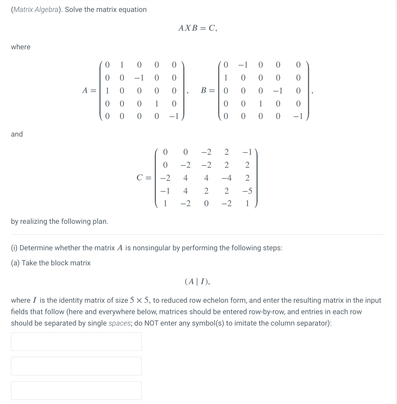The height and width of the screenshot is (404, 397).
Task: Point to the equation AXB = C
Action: click(x=197, y=28)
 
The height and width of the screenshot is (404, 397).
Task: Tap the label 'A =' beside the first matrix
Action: click(x=89, y=90)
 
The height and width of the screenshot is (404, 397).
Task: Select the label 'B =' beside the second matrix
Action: click(x=208, y=90)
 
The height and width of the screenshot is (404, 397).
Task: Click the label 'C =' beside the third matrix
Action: click(x=144, y=178)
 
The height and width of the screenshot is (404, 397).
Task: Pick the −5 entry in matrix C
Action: click(x=247, y=191)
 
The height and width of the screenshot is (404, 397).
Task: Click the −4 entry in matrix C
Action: click(x=226, y=178)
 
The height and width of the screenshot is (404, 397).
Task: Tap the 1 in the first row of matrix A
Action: click(x=122, y=65)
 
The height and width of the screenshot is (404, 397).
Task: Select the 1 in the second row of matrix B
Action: click(x=226, y=78)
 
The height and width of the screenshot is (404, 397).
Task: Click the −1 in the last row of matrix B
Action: click(x=298, y=116)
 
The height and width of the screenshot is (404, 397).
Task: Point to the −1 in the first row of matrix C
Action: click(x=247, y=152)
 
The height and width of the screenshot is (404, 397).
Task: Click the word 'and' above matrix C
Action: click(x=17, y=134)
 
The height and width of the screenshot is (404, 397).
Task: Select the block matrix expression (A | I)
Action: click(x=197, y=281)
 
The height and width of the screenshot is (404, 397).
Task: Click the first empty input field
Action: click(x=76, y=342)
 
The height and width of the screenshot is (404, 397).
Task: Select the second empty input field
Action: click(x=76, y=366)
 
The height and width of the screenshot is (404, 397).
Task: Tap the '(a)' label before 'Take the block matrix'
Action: click(x=15, y=263)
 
